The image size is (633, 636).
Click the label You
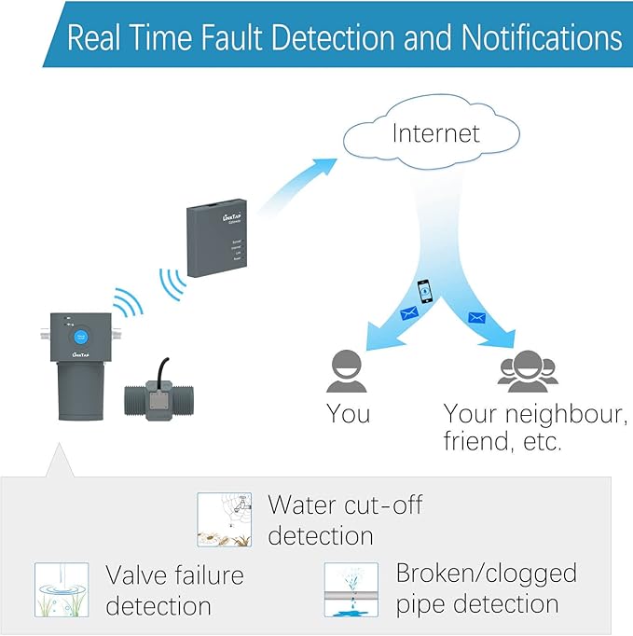click(348, 413)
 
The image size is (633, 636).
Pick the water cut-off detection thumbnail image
click(224, 519)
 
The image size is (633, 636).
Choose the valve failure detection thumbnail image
click(62, 589)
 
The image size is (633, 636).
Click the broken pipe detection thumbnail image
click(351, 589)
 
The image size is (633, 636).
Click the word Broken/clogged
click(486, 573)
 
